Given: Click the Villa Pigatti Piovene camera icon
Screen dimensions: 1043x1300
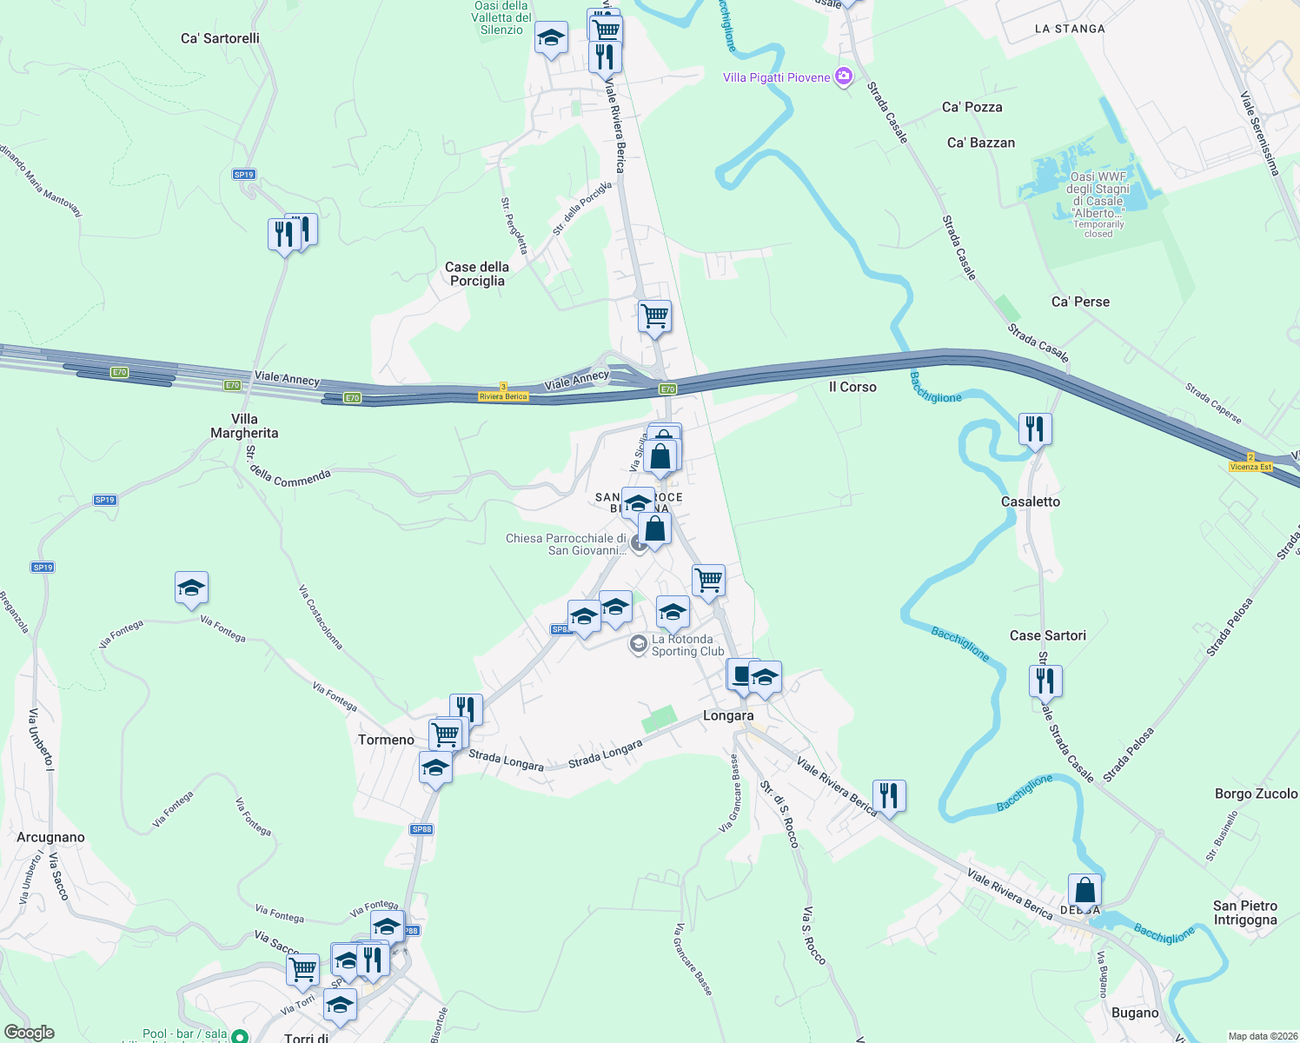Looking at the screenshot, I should pos(843,77).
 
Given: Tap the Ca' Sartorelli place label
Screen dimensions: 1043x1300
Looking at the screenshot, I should pos(220,38).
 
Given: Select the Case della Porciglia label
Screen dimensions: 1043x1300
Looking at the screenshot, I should pos(477,274).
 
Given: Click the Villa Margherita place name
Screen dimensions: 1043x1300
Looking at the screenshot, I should pos(244,426).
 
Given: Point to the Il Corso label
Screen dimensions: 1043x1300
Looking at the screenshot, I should pos(852,387).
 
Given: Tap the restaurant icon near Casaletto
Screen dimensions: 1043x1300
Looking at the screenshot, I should pos(1034,429).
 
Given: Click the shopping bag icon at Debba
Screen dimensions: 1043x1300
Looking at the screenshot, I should pos(1084,891).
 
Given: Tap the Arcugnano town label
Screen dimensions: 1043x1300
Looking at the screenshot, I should pos(51,837).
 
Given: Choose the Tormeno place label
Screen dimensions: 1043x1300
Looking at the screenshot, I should pos(386,740).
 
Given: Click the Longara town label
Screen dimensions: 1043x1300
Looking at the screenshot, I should pos(728,715).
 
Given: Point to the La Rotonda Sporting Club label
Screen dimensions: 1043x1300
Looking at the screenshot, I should pos(687,645).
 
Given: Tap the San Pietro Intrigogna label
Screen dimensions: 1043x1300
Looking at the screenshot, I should pos(1245,913).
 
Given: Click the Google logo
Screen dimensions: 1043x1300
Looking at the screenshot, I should pos(30,1033).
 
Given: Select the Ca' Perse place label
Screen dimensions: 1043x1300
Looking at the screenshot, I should pos(1080,302).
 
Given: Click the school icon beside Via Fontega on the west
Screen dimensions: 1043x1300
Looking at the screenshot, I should pos(191,588).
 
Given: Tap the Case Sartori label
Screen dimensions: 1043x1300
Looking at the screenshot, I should pos(1048,635).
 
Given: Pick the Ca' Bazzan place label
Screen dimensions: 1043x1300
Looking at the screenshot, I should pos(981,143).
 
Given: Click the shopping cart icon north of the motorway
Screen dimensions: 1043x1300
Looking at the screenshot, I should pos(654,316).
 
